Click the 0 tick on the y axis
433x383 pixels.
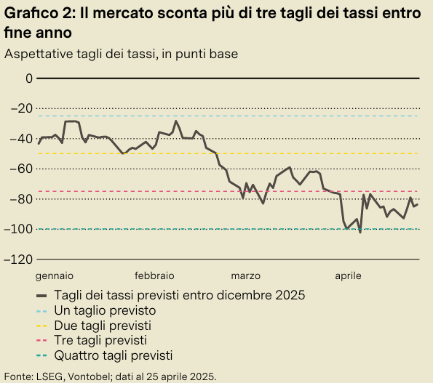coord(29,78)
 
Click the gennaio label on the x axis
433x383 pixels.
coord(55,276)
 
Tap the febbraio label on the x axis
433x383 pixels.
coord(154,276)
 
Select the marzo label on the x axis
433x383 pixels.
coord(246,276)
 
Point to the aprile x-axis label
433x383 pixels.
coord(348,276)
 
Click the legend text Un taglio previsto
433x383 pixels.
coord(105,310)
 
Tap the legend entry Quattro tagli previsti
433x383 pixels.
coord(114,355)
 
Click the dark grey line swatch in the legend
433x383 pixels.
coord(41,295)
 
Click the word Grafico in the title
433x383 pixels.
coord(30,12)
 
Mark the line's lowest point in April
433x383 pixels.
coord(360,252)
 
